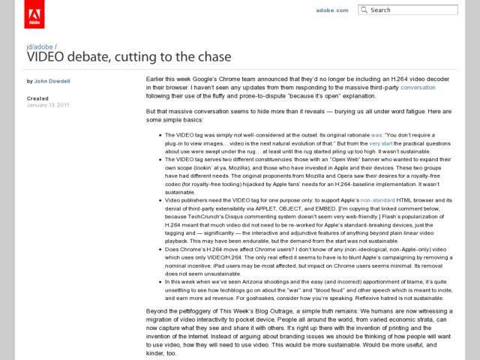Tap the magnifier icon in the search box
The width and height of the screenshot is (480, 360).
[x=364, y=10]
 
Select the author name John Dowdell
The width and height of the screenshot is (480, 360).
[x=52, y=81]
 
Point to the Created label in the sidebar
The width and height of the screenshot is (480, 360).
[x=37, y=98]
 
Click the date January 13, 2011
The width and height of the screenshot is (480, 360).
[x=49, y=105]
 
